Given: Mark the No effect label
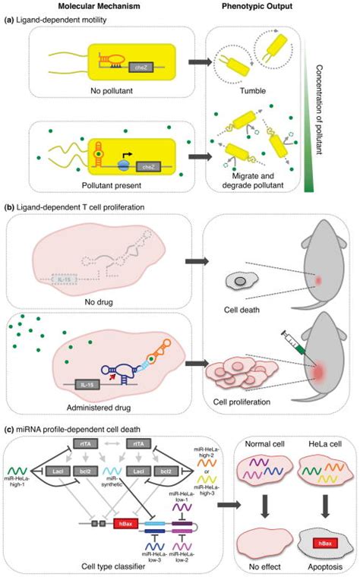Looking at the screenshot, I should coord(251,567).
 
